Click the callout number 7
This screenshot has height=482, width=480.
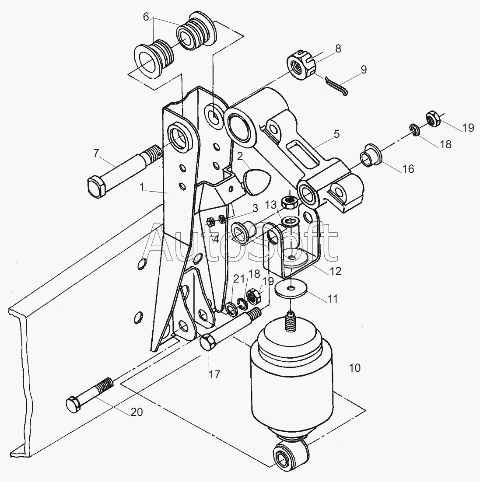pos(96,153)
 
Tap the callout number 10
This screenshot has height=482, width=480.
pos(355,368)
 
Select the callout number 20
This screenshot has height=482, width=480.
pos(137,412)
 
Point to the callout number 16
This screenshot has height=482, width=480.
pos(408,169)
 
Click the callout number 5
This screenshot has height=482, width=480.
pos(337,134)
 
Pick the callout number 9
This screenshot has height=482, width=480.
pos(364,70)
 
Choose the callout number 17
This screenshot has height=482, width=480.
pos(215,374)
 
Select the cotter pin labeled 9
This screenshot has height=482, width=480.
pos(336,86)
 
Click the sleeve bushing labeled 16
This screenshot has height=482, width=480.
pos(371,155)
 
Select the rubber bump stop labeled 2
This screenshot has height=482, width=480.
pos(255,182)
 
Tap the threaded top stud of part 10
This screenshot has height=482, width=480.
pos(290,321)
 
